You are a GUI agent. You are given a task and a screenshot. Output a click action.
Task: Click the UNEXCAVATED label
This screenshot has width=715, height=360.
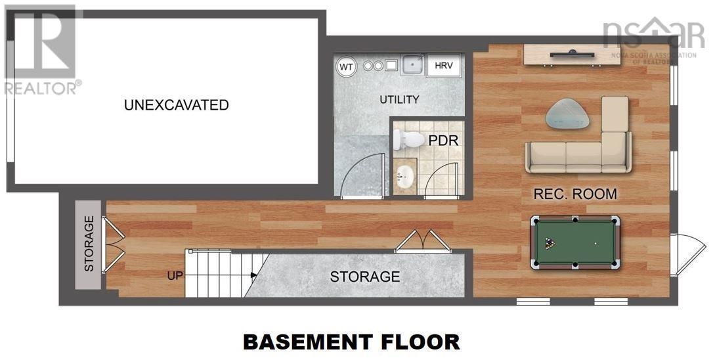click(176, 105)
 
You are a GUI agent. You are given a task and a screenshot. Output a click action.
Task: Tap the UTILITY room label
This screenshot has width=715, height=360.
click(399, 100)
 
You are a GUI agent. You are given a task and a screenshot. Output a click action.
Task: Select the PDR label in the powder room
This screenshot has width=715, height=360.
click(443, 141)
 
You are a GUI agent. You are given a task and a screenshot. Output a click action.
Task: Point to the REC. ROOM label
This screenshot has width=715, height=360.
click(575, 194)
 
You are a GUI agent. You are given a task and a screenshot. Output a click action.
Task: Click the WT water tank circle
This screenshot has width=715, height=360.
click(346, 66)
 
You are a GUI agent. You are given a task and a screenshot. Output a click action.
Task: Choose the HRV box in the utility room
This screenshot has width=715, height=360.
click(444, 66)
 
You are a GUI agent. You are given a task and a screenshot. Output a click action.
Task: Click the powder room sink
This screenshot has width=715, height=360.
click(405, 175)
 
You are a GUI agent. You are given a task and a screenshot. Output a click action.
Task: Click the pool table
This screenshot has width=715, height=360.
click(575, 242)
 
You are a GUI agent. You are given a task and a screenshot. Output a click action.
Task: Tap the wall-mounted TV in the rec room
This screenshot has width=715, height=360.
click(572, 55)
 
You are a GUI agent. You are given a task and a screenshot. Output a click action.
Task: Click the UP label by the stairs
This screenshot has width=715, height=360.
click(175, 276)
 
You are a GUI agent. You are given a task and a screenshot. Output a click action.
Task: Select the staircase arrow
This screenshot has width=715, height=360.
click(253, 276)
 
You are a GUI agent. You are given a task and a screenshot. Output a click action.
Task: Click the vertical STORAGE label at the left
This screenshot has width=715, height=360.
click(89, 244)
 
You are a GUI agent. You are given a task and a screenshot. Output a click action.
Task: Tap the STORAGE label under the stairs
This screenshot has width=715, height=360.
click(364, 277)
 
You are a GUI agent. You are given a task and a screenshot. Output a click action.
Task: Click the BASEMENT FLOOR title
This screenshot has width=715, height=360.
click(351, 342)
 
